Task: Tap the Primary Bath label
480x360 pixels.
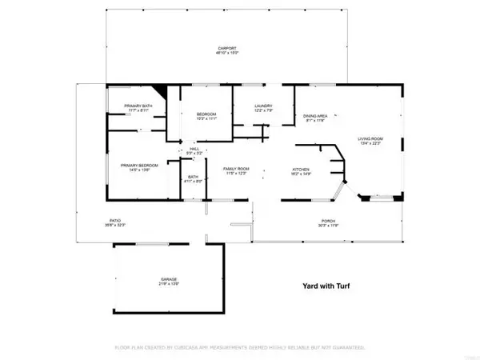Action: click(137, 106)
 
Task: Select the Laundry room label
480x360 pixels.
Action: click(264, 106)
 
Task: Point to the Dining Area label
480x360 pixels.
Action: click(314, 117)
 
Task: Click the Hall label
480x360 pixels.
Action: click(194, 149)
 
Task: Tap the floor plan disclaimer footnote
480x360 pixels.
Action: click(239, 348)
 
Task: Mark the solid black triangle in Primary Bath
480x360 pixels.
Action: click(158, 92)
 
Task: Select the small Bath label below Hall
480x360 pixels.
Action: click(193, 177)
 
